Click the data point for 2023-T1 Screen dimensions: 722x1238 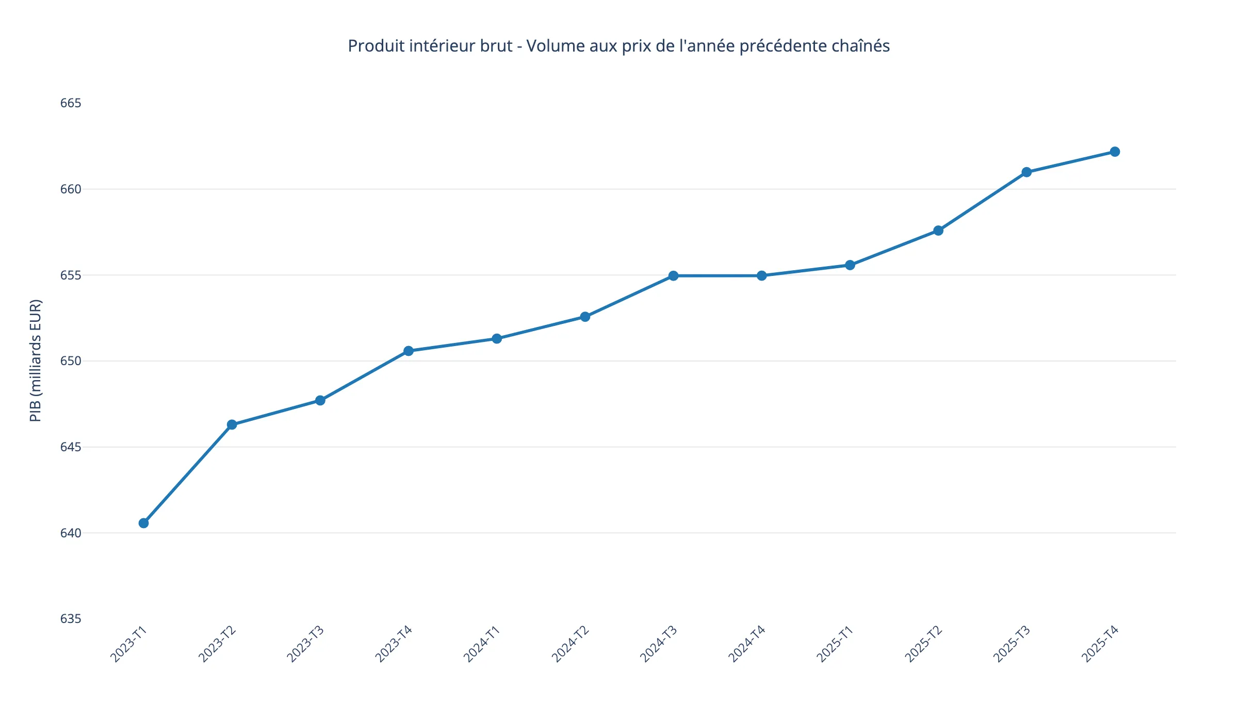pyautogui.click(x=143, y=523)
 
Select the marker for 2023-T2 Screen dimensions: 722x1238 pyautogui.click(x=232, y=424)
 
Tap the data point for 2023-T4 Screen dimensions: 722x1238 pyautogui.click(x=408, y=351)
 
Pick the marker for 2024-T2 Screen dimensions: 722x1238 pyautogui.click(x=585, y=317)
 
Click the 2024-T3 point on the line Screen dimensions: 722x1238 pyautogui.click(x=673, y=276)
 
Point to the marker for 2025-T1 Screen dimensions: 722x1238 pyautogui.click(x=850, y=265)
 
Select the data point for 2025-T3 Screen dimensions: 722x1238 pyautogui.click(x=1027, y=172)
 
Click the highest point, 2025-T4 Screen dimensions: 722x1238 pyautogui.click(x=1115, y=152)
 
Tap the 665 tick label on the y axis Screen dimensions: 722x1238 pyautogui.click(x=71, y=103)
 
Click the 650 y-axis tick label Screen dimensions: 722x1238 pyautogui.click(x=71, y=361)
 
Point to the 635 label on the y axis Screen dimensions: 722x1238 pyautogui.click(x=71, y=619)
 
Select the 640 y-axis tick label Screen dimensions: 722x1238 pyautogui.click(x=71, y=533)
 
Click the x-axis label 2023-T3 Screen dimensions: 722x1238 pyautogui.click(x=305, y=644)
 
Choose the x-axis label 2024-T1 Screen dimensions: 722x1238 pyautogui.click(x=482, y=644)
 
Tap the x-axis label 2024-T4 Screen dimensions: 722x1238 pyautogui.click(x=747, y=644)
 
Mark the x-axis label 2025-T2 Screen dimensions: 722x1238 pyautogui.click(x=923, y=644)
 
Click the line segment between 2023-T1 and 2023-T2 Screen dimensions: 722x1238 pyautogui.click(x=188, y=473)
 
